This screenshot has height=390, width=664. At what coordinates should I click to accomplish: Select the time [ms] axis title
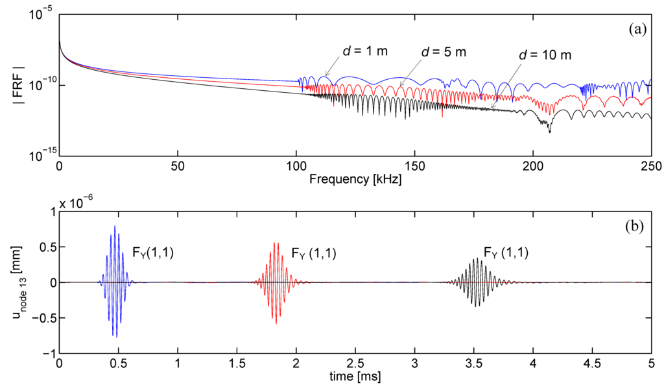(x=355, y=377)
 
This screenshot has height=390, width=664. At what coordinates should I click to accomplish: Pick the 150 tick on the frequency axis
(x=414, y=166)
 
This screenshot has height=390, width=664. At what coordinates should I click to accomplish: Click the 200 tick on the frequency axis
(x=533, y=166)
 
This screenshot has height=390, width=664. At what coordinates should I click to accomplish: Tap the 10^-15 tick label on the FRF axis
(x=41, y=156)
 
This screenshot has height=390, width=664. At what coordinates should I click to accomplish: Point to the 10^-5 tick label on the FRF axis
(x=41, y=17)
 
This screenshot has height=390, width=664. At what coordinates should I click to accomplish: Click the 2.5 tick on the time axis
(x=355, y=364)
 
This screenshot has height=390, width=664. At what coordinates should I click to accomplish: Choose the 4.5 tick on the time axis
(x=592, y=364)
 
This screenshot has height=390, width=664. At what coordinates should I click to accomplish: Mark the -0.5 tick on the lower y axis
(x=43, y=319)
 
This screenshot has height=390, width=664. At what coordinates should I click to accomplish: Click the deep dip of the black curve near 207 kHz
(x=549, y=132)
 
